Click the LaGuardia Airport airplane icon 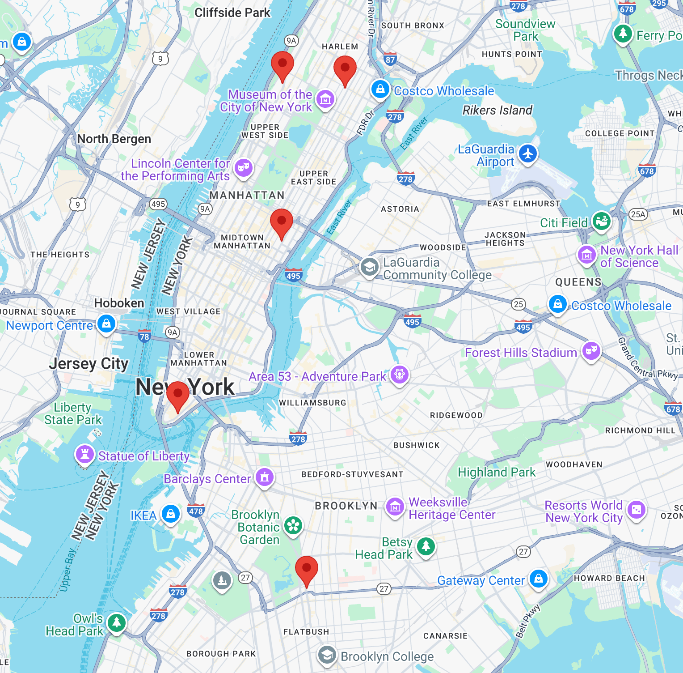tap(528, 154)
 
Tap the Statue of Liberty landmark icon tap(84, 455)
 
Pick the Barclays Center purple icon tap(265, 477)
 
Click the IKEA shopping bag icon tap(171, 514)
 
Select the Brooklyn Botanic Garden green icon tap(293, 526)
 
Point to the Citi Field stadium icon tap(601, 221)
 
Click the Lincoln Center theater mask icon tap(244, 168)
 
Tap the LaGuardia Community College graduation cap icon tap(369, 267)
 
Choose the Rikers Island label tap(497, 110)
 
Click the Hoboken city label tap(119, 303)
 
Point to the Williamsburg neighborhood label tap(312, 403)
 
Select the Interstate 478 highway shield tap(196, 511)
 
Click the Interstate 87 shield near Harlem tap(390, 60)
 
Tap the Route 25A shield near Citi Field tap(638, 214)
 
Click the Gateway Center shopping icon tap(539, 578)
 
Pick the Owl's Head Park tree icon tap(117, 622)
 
